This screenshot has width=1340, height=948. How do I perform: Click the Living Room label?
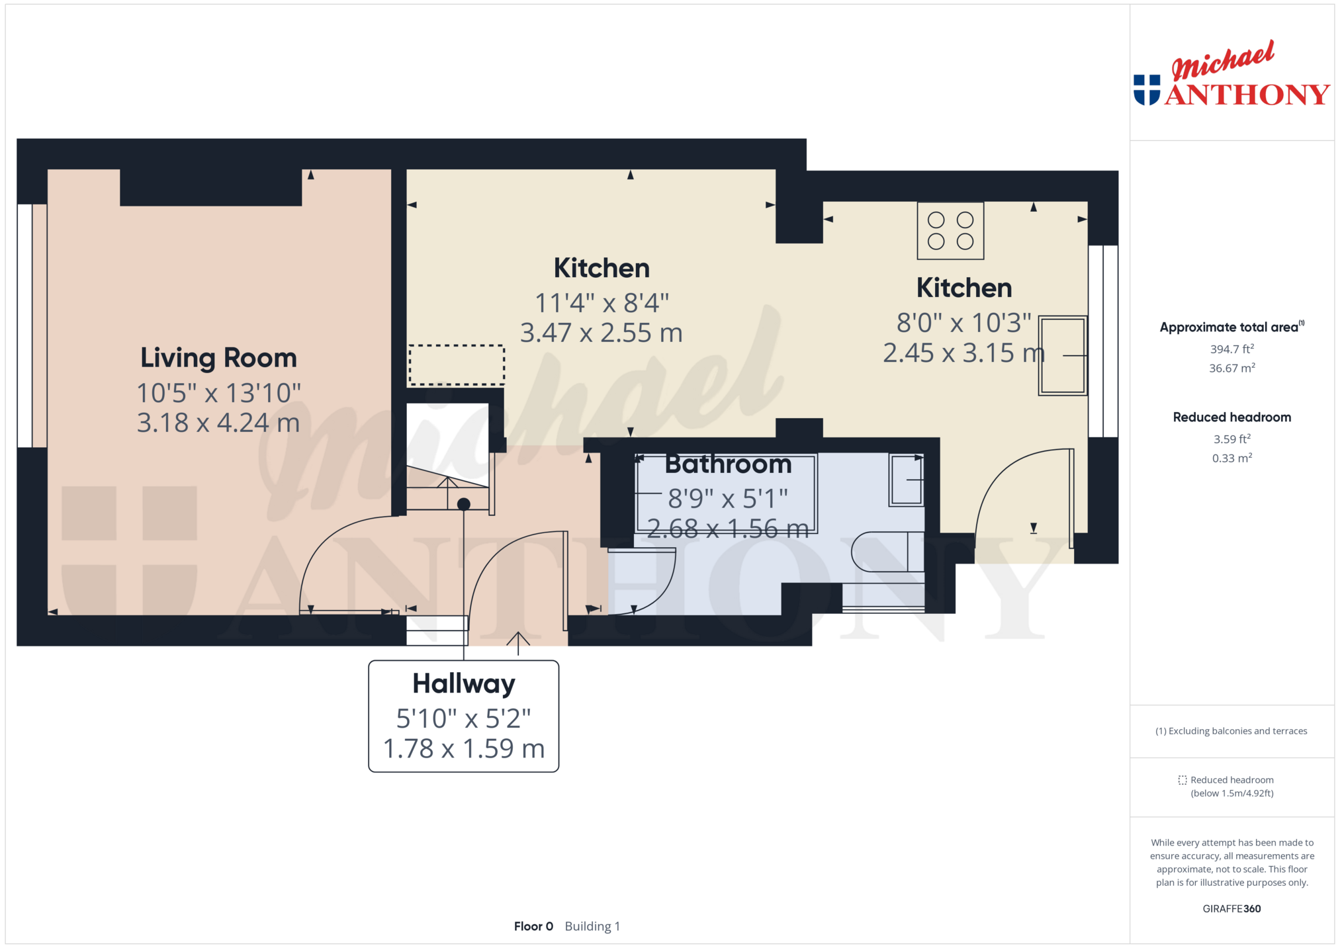(x=218, y=358)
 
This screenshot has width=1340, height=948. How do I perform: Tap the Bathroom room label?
(x=728, y=464)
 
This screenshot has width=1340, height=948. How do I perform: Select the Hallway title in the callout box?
(x=464, y=684)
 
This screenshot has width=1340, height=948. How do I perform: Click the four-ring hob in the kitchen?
(x=950, y=230)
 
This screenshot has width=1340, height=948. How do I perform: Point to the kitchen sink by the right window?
(x=1063, y=356)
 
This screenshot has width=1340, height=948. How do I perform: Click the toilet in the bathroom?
(x=887, y=552)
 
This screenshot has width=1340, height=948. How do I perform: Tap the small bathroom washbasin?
(x=906, y=480)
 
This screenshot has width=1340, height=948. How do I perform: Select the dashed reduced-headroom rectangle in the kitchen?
(x=457, y=365)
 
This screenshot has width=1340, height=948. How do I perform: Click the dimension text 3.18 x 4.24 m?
(x=218, y=423)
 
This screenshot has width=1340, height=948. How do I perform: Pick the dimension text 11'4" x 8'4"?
(x=602, y=303)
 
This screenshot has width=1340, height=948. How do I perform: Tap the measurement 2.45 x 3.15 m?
(x=963, y=353)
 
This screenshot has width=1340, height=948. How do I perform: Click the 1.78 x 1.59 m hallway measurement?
(x=464, y=748)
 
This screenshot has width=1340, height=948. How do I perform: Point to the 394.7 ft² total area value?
(x=1232, y=349)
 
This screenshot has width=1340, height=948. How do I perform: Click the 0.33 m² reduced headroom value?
(x=1232, y=458)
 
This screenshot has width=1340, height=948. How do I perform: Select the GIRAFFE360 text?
(x=1231, y=908)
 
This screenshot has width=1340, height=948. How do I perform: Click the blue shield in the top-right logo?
(x=1147, y=90)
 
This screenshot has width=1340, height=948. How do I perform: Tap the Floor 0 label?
(x=533, y=926)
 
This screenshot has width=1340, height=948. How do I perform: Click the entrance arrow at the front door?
(x=518, y=643)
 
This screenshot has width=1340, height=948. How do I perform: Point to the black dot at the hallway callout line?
(x=464, y=504)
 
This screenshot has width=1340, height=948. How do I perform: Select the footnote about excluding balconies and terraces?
(x=1231, y=731)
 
